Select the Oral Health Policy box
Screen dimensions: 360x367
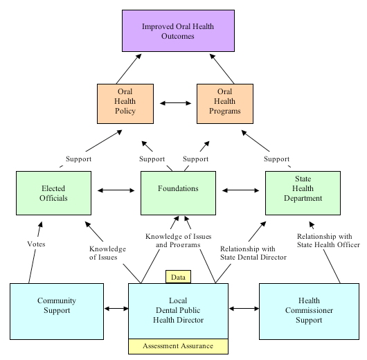(x=125, y=104)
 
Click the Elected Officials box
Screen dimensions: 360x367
(x=53, y=192)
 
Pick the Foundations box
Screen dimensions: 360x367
(x=178, y=192)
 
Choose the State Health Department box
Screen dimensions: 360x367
(x=303, y=192)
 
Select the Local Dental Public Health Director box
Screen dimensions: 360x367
(x=178, y=310)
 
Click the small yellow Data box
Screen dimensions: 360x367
(x=178, y=276)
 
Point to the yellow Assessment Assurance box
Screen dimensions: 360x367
(x=178, y=345)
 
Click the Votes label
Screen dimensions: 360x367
(x=37, y=244)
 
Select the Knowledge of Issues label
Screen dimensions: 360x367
(x=107, y=253)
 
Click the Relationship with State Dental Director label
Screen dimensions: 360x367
(x=253, y=253)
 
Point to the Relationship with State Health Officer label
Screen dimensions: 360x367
(x=329, y=240)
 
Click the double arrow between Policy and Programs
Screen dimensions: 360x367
(x=174, y=104)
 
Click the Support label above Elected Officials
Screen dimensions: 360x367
(x=78, y=159)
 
